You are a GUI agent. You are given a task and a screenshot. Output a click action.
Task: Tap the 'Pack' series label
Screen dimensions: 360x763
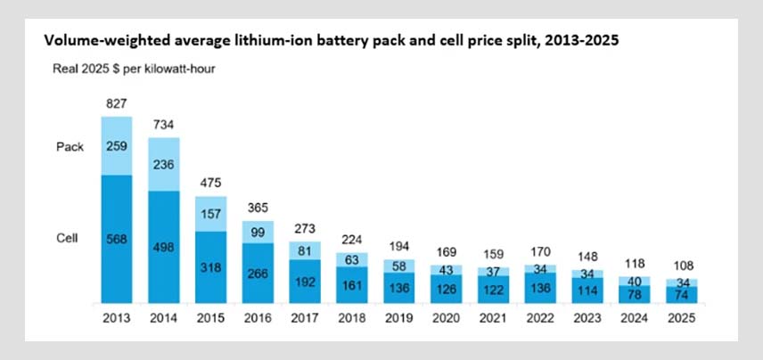70,147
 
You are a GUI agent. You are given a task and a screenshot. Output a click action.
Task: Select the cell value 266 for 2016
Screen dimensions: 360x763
258,274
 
